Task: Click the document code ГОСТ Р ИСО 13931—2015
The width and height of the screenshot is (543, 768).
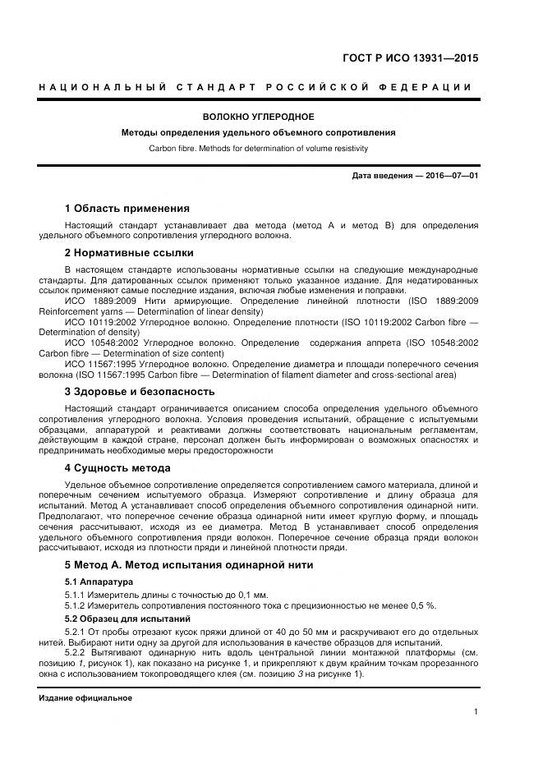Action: click(410, 58)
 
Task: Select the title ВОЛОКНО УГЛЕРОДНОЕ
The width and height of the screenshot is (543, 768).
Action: click(258, 117)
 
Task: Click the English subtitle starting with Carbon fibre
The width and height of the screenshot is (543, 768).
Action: click(258, 149)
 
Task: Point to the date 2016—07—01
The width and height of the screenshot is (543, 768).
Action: click(449, 176)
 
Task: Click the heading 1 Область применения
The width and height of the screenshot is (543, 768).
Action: click(127, 208)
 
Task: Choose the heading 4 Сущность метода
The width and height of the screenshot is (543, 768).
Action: click(117, 468)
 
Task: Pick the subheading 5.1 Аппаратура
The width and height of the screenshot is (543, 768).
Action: click(99, 582)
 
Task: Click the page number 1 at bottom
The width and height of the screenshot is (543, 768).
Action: click(476, 712)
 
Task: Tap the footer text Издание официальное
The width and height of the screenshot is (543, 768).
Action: click(85, 697)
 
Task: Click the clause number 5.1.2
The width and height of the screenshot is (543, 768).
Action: click(77, 605)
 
